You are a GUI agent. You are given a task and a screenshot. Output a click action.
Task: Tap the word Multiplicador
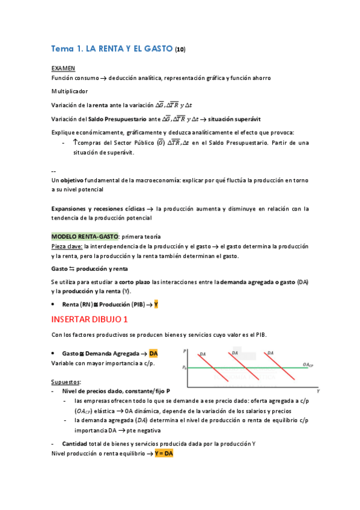(x=70, y=91)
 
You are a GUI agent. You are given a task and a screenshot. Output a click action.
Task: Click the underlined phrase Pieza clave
(x=67, y=247)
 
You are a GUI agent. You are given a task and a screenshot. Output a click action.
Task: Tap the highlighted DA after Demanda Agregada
(x=153, y=353)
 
